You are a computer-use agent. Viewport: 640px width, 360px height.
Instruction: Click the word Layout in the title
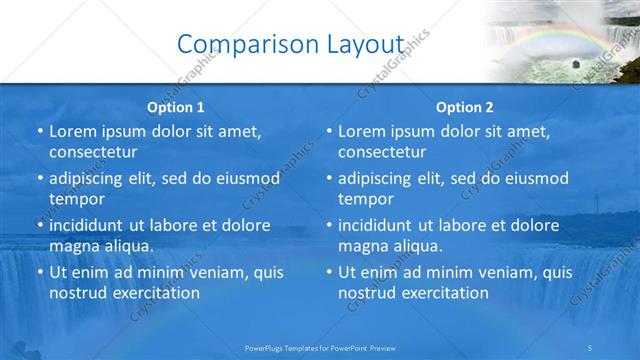point(359,43)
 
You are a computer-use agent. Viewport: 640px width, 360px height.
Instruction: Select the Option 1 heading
point(176,107)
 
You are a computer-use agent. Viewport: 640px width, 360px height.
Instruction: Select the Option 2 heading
point(465,107)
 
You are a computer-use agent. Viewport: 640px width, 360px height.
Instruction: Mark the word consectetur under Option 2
point(383,152)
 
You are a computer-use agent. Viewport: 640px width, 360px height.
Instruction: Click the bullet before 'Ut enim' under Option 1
point(38,272)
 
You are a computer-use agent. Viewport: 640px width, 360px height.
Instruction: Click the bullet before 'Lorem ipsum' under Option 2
point(327,131)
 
